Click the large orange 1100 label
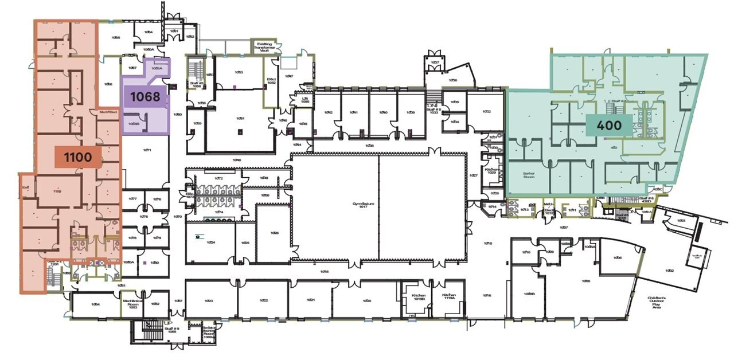click(77, 156)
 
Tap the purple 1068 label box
click(145, 96)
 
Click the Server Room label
click(528, 175)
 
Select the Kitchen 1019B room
click(418, 296)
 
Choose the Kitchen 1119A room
click(448, 296)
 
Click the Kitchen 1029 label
click(491, 170)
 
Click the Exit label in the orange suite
click(25, 186)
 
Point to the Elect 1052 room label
click(271, 81)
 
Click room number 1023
click(208, 300)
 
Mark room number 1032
click(486, 111)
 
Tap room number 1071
click(147, 150)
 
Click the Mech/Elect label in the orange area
click(108, 112)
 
